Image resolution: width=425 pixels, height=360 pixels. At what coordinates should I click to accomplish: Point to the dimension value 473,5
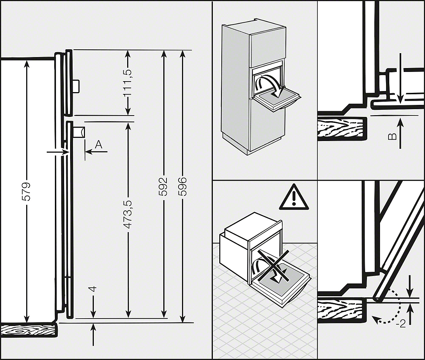pos(128,214)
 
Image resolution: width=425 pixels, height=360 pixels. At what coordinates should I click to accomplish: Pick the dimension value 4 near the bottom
pos(93,289)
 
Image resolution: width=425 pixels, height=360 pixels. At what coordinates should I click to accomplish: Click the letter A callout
pos(99,144)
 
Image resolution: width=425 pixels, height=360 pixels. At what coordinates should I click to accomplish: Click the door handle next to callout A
pos(79,133)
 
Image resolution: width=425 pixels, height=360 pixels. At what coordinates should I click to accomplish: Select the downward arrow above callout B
pos(400,78)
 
